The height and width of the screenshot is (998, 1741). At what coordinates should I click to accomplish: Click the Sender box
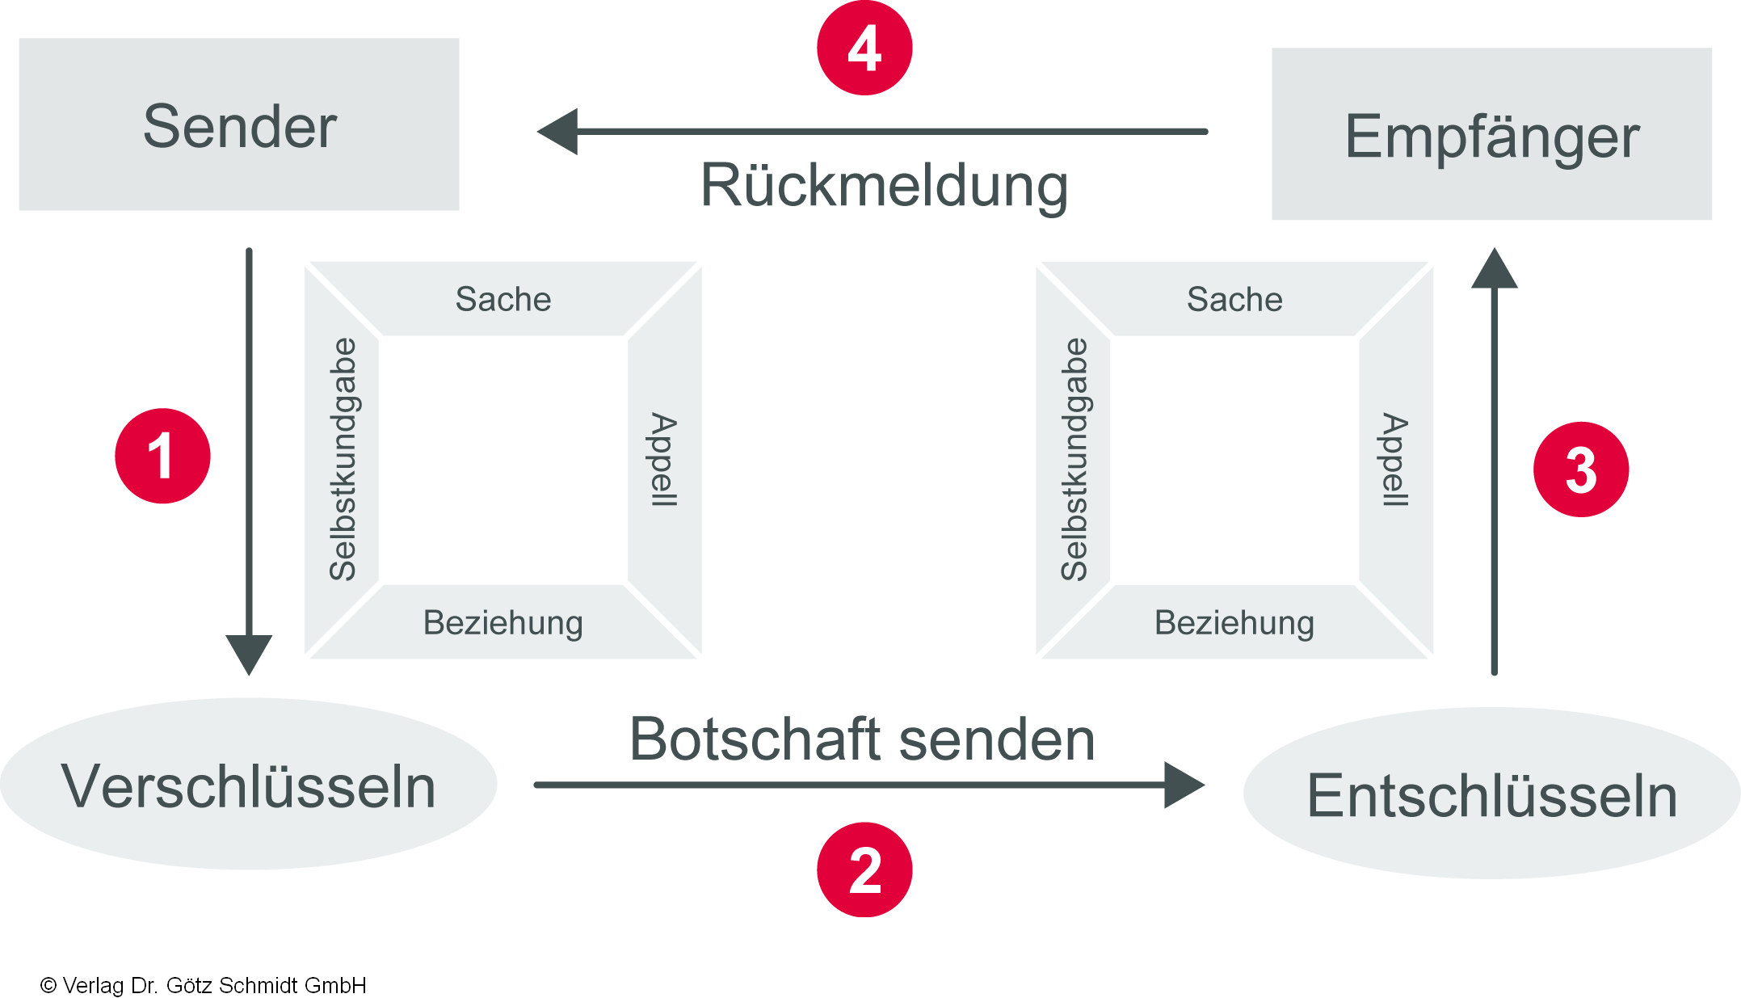239,124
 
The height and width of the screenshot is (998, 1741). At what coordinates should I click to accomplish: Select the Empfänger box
1491,134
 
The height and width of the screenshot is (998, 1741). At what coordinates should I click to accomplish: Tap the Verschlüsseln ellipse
248,785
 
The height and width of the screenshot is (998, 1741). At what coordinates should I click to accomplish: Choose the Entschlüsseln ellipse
1491,794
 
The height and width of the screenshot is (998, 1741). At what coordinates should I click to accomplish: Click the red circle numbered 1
162,456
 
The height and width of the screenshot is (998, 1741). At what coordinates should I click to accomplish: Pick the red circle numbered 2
864,870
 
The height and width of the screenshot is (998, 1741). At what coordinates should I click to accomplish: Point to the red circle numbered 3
1581,470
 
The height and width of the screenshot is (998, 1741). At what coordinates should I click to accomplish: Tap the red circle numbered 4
864,48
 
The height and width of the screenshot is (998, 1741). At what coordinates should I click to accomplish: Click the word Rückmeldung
884,186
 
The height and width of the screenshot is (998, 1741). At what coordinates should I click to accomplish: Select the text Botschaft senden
862,739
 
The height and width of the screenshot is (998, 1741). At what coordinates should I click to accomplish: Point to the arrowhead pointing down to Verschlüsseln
249,653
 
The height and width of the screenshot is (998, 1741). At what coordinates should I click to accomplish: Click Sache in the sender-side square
503,299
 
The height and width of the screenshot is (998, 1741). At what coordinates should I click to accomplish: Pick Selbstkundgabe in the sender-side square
343,459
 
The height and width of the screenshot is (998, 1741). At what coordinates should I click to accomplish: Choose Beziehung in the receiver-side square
1234,623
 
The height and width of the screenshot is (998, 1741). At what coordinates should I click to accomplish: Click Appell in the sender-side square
664,460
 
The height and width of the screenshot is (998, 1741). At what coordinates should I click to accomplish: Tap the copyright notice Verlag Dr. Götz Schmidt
204,985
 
